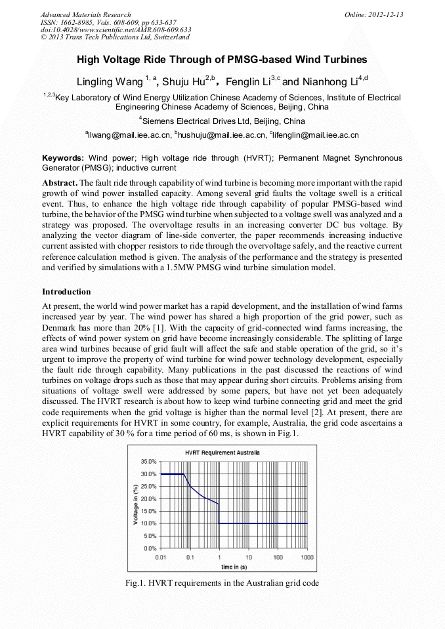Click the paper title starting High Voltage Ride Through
tap(222, 60)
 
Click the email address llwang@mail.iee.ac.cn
tap(129, 135)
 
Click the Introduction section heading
tap(66, 291)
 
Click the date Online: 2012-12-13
tap(373, 14)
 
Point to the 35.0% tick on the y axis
tap(148, 462)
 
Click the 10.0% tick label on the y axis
tap(148, 523)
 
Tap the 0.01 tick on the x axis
tap(160, 557)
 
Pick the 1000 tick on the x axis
tap(307, 557)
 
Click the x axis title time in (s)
tap(234, 566)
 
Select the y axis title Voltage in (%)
tap(135, 504)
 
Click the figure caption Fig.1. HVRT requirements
tap(222, 583)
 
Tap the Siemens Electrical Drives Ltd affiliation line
tap(222, 121)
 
